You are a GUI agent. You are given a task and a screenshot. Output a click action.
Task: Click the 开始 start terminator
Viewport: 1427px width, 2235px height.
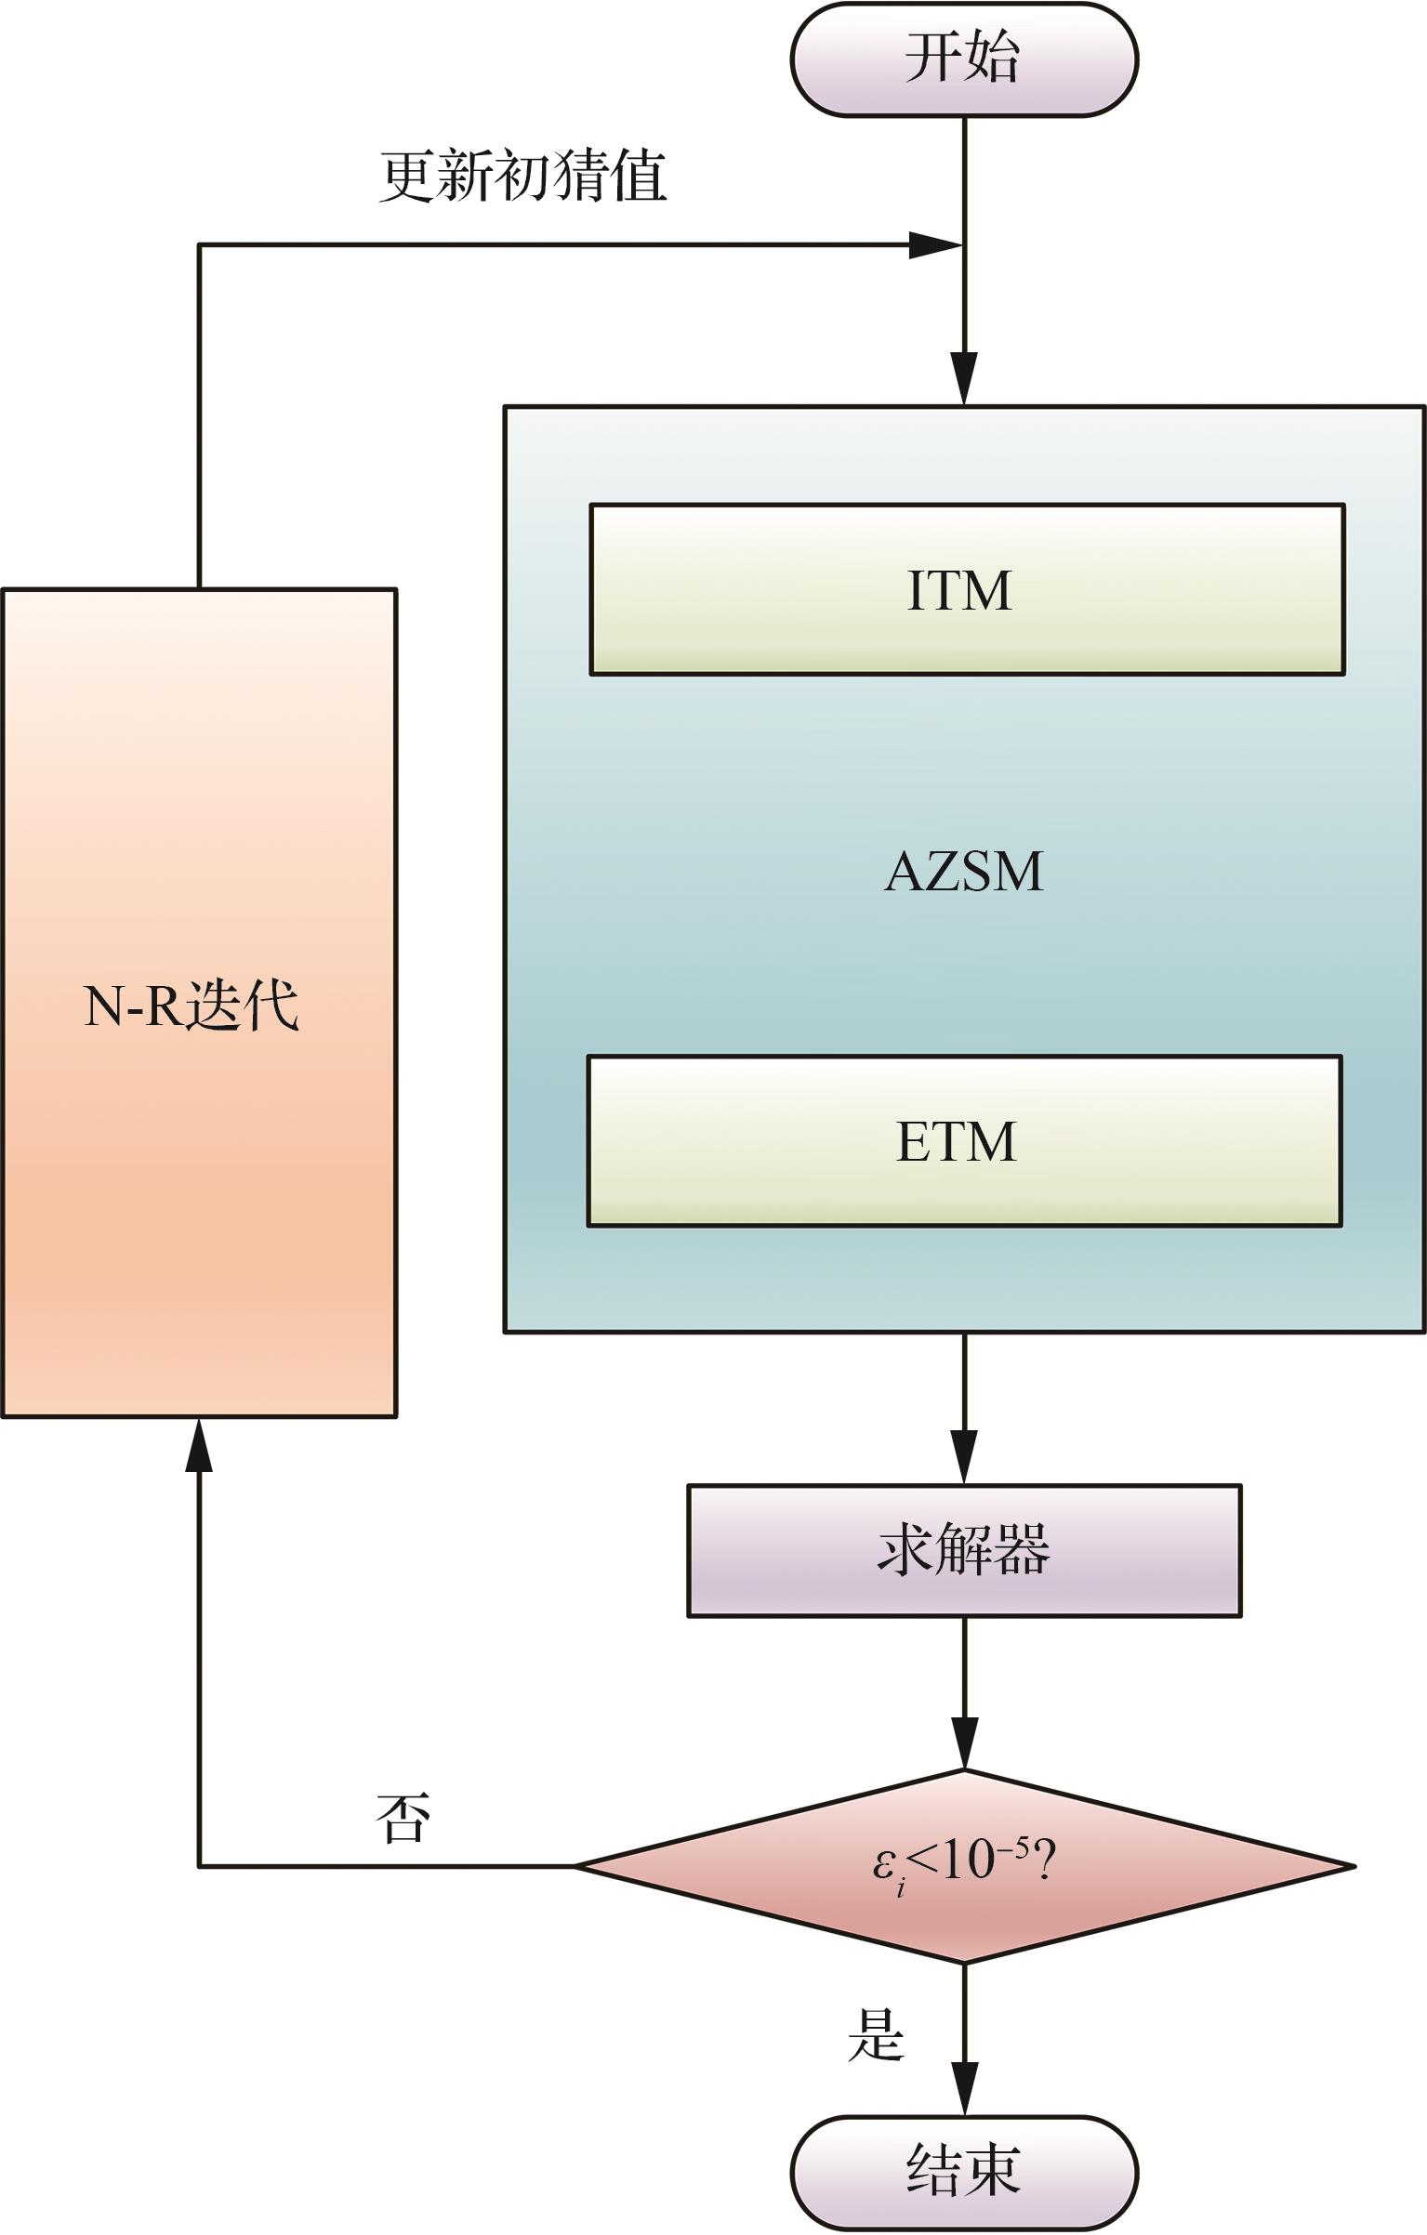pos(963,59)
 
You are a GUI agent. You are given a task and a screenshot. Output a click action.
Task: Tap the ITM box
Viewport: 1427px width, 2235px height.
pos(967,589)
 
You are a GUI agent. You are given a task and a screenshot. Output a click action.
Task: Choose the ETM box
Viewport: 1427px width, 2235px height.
pos(963,1140)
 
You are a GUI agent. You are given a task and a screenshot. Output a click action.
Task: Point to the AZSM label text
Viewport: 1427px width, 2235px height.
pos(963,872)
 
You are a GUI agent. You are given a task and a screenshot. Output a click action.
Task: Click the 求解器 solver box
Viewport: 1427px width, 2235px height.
pos(963,1549)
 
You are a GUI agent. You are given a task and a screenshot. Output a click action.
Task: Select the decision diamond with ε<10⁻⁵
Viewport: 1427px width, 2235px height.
pos(963,1865)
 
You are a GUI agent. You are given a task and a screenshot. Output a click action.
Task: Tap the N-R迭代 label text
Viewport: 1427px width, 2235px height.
pos(192,1006)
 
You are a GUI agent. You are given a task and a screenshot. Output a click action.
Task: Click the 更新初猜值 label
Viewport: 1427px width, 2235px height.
pos(522,176)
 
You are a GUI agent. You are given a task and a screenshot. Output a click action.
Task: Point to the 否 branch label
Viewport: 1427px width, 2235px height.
pos(403,1818)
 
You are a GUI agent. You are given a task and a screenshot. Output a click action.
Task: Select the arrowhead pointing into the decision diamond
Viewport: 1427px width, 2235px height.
pos(964,1744)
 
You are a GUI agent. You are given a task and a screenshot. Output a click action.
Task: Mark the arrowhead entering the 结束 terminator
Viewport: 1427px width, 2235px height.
pos(964,2089)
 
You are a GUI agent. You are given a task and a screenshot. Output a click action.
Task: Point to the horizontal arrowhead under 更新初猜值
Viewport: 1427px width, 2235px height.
pos(933,245)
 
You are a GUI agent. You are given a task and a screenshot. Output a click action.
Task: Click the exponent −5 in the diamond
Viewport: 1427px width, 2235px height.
pos(1016,1846)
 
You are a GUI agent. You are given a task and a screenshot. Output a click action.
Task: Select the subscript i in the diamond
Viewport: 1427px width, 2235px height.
pos(901,1885)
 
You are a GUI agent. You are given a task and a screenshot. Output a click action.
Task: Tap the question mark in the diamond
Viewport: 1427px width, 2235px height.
pos(1043,1860)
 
